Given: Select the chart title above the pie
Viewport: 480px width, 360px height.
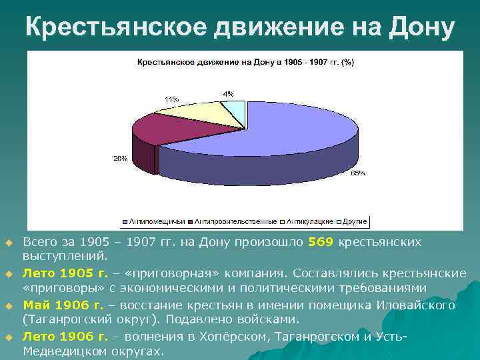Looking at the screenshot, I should pyautogui.click(x=245, y=62).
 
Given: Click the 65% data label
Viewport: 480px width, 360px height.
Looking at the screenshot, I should pyautogui.click(x=358, y=173).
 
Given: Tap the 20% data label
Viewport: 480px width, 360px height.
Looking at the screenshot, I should pyautogui.click(x=120, y=159).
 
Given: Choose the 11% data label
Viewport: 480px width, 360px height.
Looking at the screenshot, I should pyautogui.click(x=171, y=99).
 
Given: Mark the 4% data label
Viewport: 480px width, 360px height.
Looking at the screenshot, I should pyautogui.click(x=228, y=94).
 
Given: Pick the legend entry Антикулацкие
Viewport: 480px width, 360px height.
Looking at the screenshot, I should pyautogui.click(x=310, y=221).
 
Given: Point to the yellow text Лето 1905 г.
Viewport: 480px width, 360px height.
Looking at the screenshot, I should pyautogui.click(x=65, y=273).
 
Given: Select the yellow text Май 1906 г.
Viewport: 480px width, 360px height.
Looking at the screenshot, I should pyautogui.click(x=63, y=305).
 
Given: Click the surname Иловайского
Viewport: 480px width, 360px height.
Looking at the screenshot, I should pyautogui.click(x=415, y=305).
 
